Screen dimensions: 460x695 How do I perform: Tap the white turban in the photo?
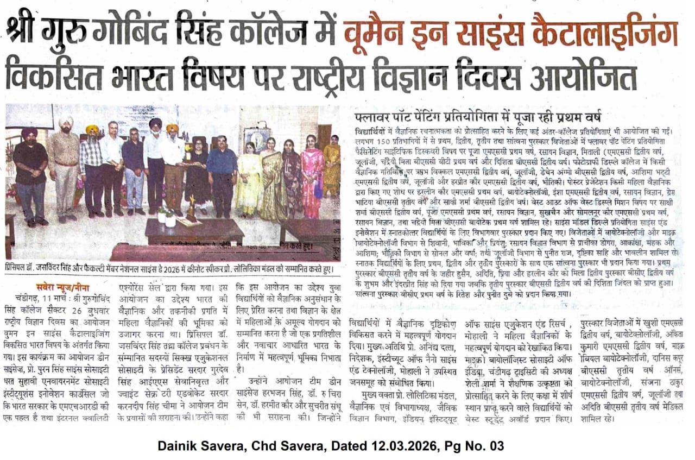tap(66, 121)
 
